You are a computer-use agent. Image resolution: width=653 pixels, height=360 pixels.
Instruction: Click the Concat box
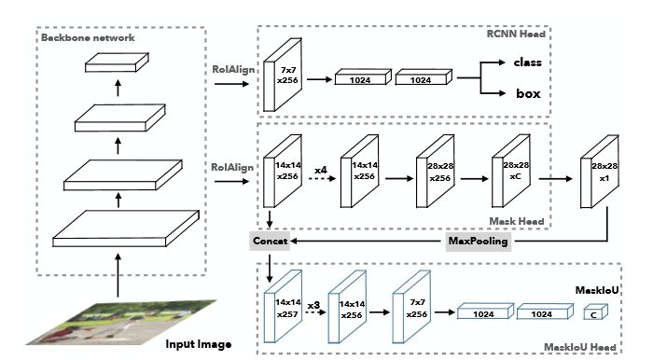[x=270, y=241]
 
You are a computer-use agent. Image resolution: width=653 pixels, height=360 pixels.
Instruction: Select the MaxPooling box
[x=478, y=241]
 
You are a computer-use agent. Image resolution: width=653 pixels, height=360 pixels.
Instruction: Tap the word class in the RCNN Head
[x=528, y=62]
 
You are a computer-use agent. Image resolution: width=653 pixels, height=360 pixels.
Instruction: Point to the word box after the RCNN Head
[x=529, y=93]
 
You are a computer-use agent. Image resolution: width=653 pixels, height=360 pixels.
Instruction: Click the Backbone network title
[x=88, y=37]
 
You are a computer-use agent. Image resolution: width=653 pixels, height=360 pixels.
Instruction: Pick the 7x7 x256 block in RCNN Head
[x=283, y=75]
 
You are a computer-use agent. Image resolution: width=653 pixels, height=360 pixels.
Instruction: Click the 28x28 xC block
[x=511, y=171]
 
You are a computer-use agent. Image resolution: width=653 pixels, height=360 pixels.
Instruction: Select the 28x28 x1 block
[x=600, y=172]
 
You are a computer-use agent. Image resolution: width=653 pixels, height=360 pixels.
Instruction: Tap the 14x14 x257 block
[x=284, y=307]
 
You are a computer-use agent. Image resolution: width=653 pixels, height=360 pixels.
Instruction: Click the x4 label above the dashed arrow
[x=321, y=170]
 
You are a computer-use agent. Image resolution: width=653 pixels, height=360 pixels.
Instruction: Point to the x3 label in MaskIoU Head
[x=313, y=306]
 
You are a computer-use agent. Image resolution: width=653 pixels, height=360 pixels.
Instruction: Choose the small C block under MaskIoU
[x=595, y=312]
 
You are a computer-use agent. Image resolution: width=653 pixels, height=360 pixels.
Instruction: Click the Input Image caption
[x=199, y=344]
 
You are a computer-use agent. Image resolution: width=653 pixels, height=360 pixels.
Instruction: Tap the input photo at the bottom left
[x=121, y=322]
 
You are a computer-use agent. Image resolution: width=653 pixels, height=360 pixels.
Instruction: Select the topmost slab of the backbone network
[x=117, y=62]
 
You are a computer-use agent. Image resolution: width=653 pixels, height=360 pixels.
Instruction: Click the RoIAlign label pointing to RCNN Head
[x=233, y=70]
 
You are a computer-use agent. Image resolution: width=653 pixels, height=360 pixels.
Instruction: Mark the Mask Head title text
[x=517, y=221]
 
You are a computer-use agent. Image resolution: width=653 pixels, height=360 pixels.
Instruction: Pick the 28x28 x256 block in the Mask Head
[x=436, y=171]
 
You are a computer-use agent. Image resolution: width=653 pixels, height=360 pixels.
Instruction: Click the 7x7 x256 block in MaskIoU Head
[x=412, y=307]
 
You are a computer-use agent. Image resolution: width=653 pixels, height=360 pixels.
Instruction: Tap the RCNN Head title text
[x=516, y=34]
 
